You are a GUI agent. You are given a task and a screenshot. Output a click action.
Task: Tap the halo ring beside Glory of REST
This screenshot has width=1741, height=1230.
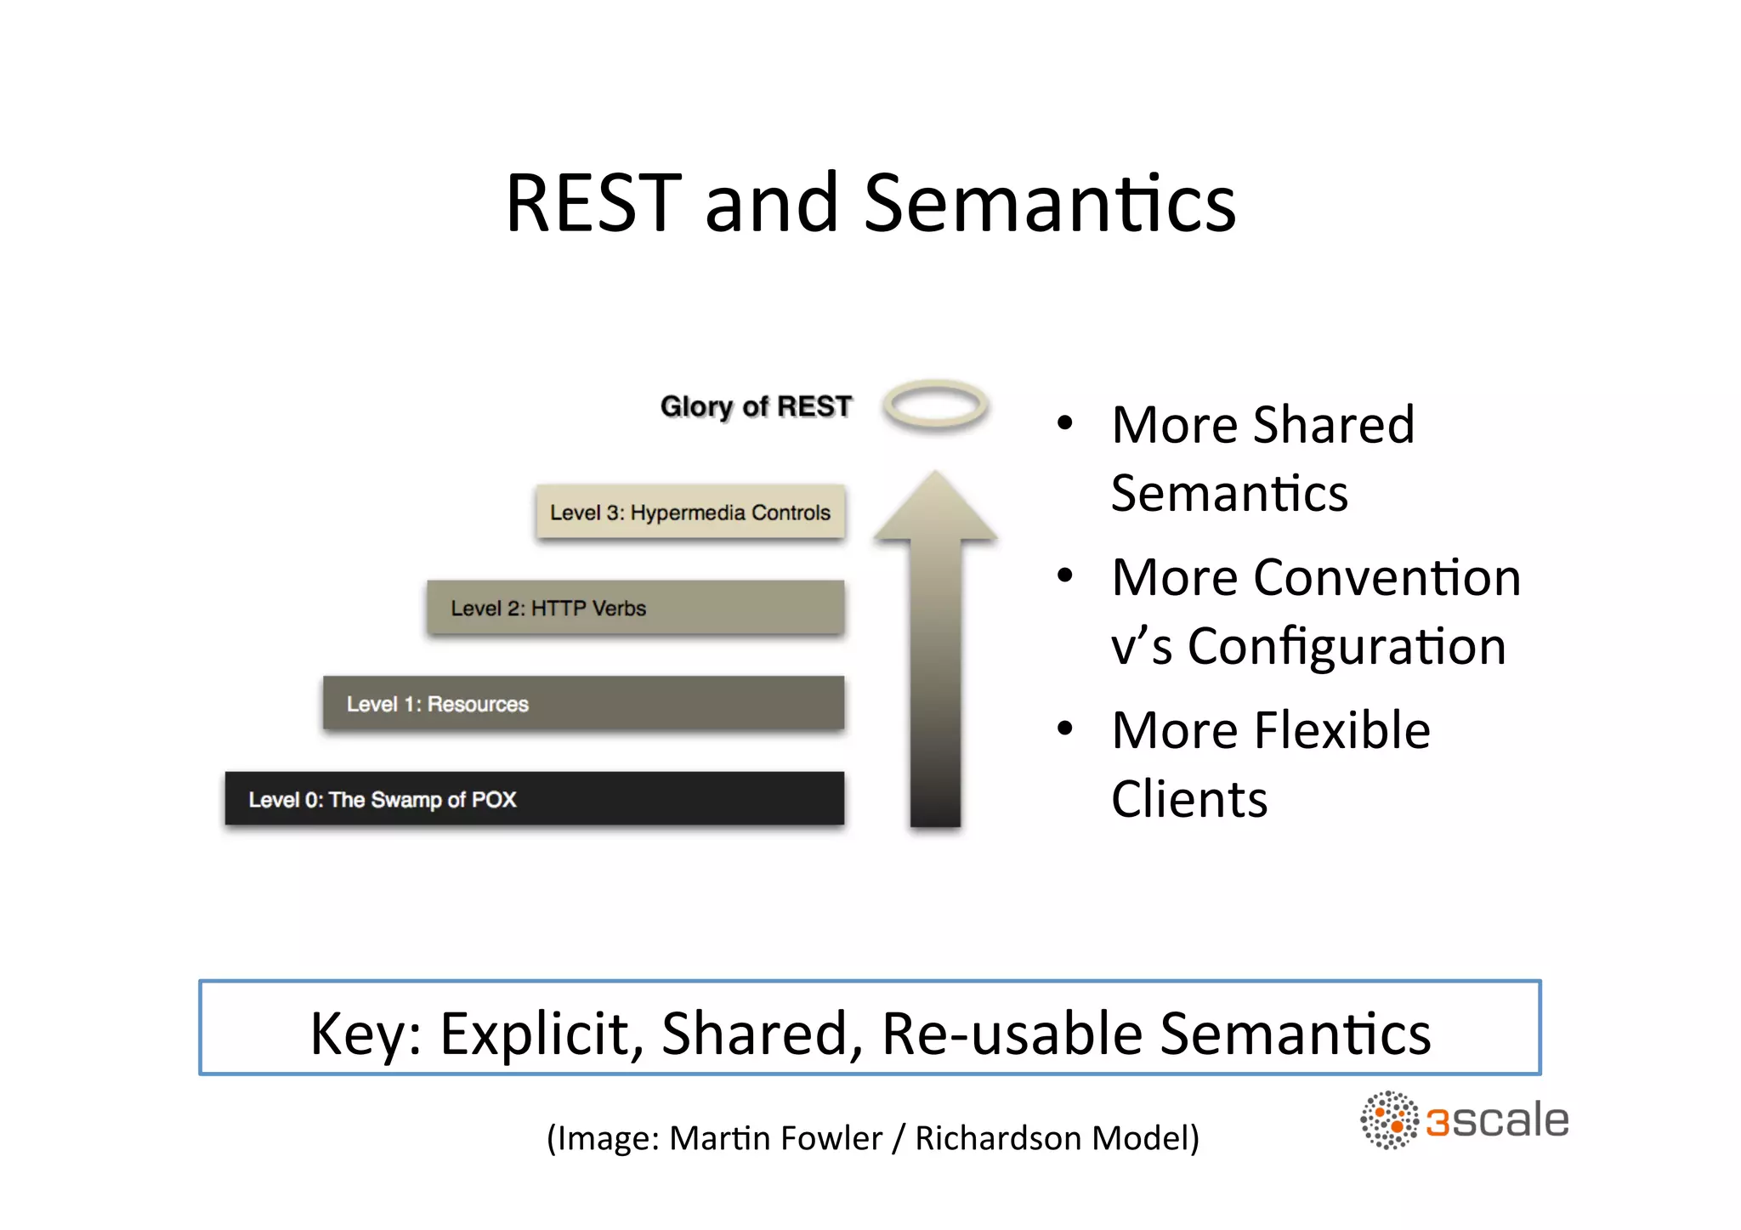[935, 405]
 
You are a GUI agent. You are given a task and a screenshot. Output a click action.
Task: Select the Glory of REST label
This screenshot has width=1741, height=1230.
[755, 406]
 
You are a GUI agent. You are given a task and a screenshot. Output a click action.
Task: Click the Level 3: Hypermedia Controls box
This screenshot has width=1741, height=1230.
[690, 512]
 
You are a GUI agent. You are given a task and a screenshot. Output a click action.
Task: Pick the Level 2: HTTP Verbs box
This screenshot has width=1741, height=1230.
[635, 608]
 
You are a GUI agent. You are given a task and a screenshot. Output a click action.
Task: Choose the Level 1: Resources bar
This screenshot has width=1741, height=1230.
[583, 703]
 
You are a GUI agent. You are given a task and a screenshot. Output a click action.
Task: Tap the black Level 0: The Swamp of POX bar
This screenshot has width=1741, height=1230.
[534, 799]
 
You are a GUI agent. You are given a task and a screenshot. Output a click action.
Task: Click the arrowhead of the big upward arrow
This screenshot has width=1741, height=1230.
[935, 510]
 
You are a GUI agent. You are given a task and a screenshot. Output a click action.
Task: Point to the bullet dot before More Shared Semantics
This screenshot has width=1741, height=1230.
[1064, 423]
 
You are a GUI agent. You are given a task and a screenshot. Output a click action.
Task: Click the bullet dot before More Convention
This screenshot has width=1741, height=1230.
[1064, 576]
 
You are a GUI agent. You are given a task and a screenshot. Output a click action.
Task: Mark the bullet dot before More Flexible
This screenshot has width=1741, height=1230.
[1064, 728]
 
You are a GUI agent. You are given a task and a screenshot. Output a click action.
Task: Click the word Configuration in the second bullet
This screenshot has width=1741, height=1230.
[1347, 647]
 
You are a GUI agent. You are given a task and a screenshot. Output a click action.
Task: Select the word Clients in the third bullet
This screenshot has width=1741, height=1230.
[1188, 799]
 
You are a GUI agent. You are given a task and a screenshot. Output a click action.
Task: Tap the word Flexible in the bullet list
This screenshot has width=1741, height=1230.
[1342, 730]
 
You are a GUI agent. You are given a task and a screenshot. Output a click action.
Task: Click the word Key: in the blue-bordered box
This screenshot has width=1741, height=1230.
[366, 1034]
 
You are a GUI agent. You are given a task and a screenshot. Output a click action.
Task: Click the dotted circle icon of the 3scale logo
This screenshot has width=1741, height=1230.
[1388, 1120]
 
